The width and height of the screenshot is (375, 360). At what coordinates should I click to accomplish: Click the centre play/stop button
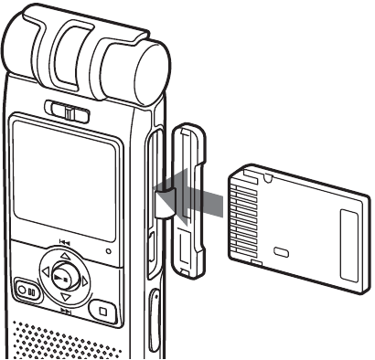coord(61,276)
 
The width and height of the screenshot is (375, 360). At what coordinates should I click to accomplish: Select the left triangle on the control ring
coord(41,278)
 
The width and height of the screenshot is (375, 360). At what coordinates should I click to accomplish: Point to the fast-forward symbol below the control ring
coord(66,312)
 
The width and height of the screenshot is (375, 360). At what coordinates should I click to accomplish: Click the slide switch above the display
coord(69,113)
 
